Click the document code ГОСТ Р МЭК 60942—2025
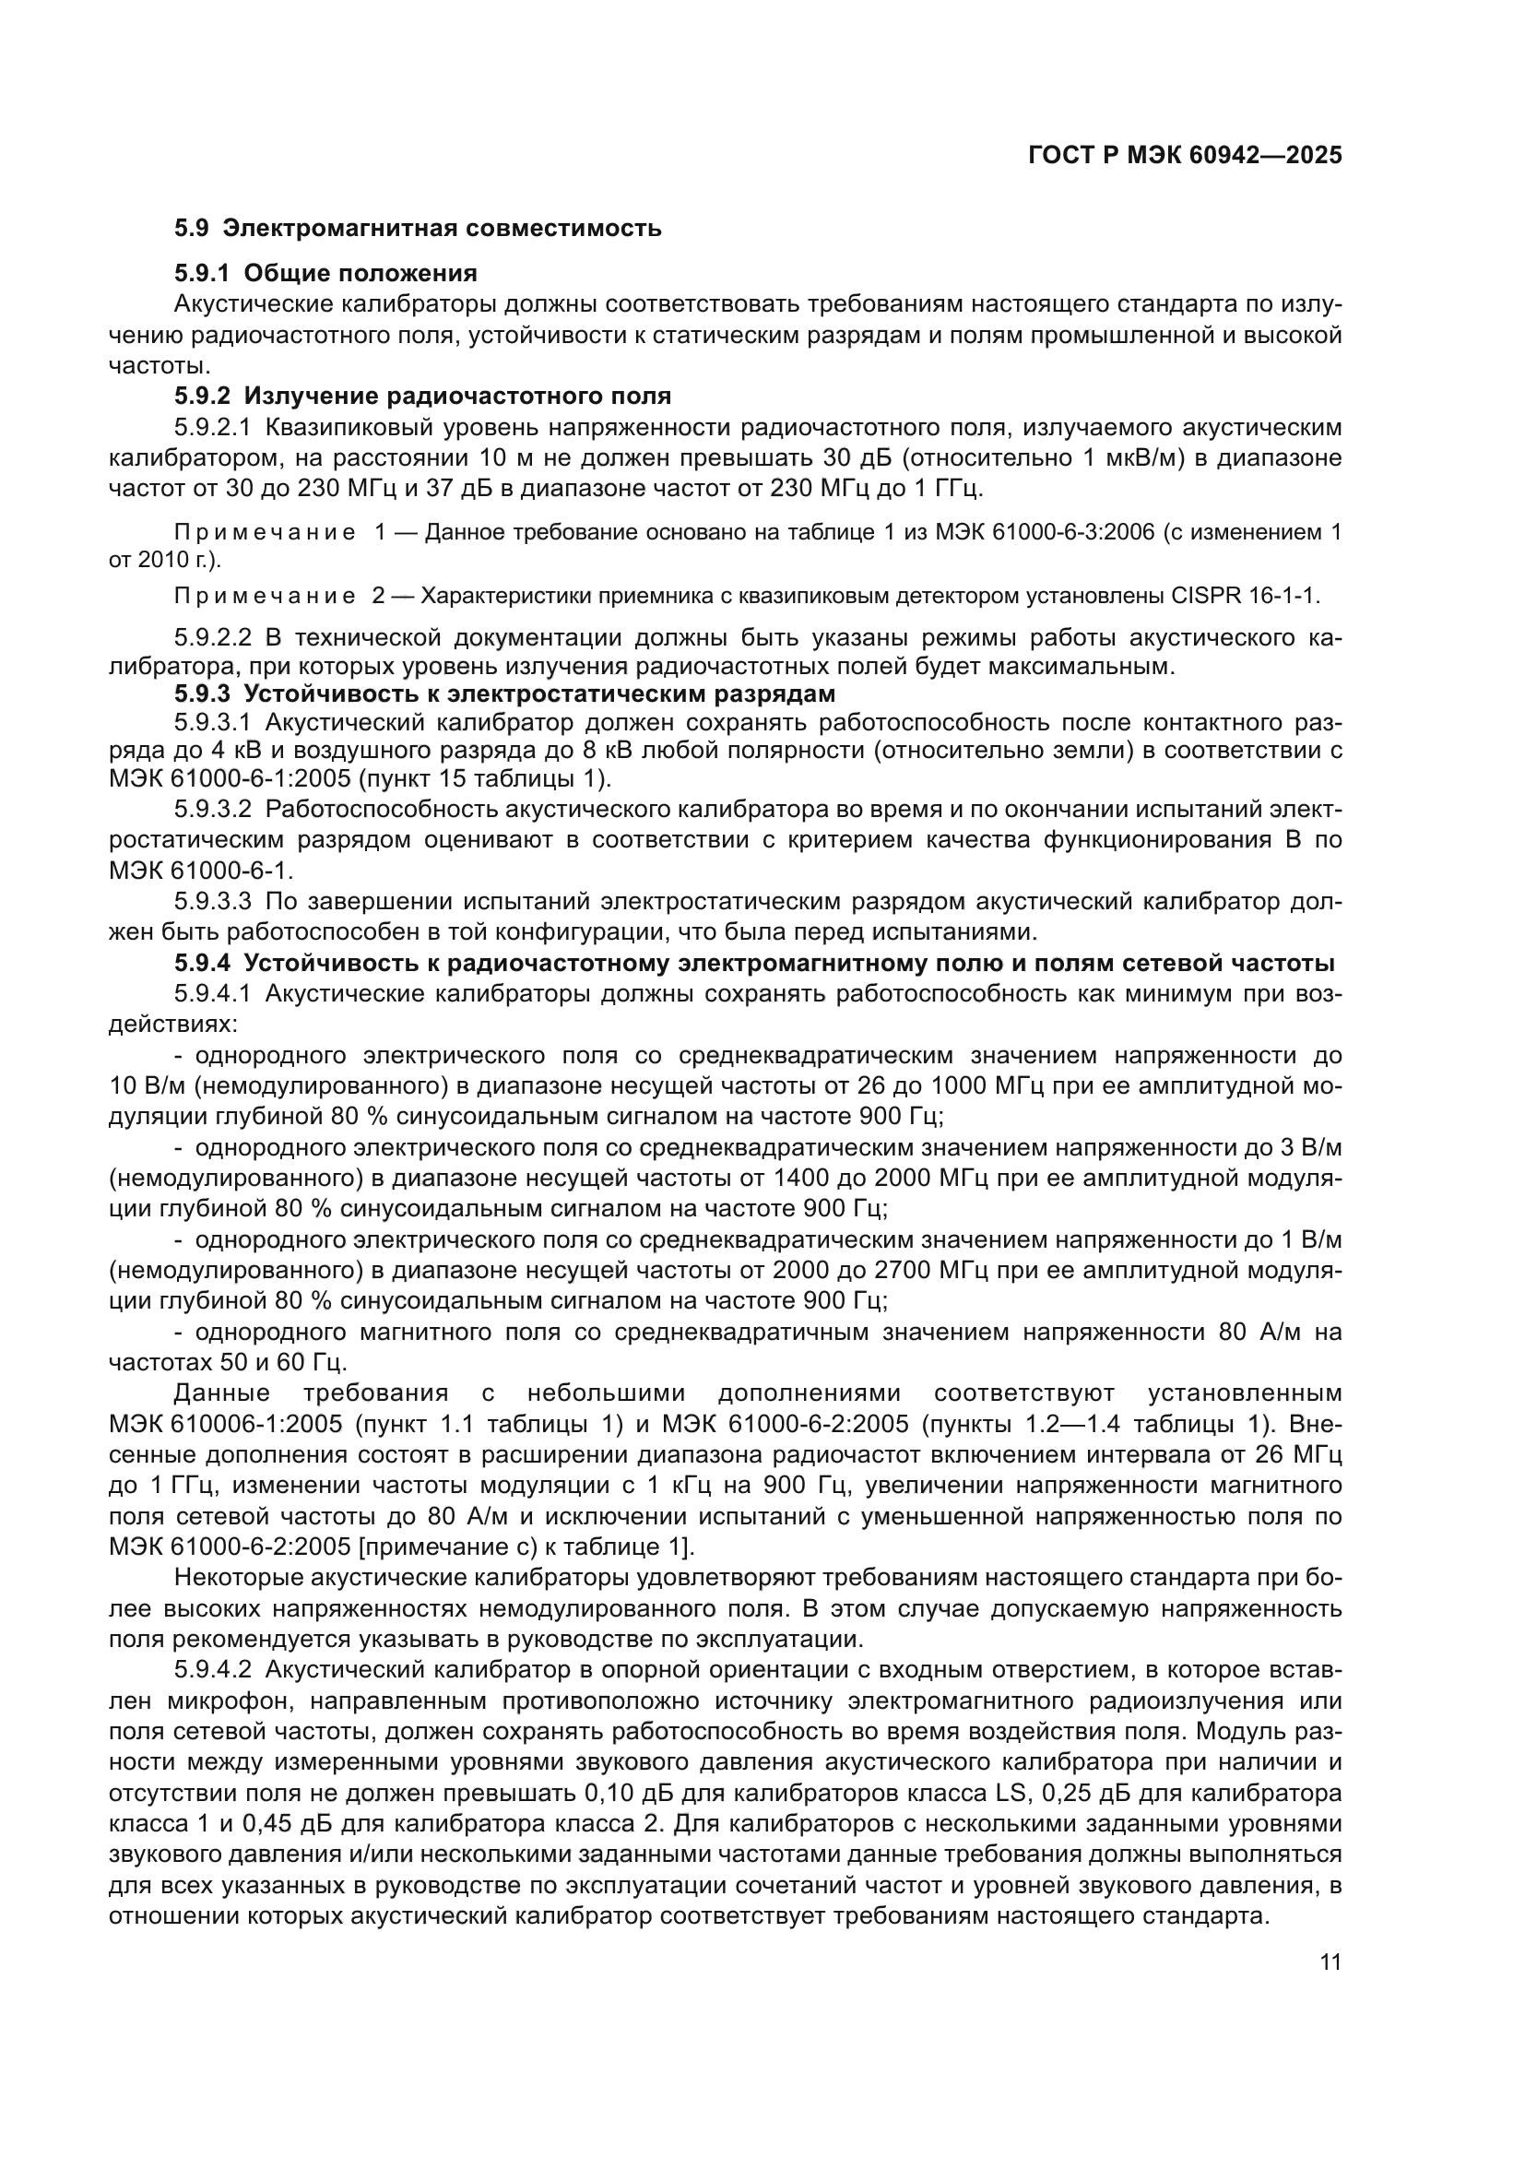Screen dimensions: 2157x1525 pyautogui.click(x=1185, y=155)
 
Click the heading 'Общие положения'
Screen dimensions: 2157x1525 pyautogui.click(x=361, y=273)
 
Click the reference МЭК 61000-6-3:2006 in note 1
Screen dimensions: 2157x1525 pyautogui.click(x=1045, y=533)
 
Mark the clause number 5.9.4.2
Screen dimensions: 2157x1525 pyautogui.click(x=213, y=1669)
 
